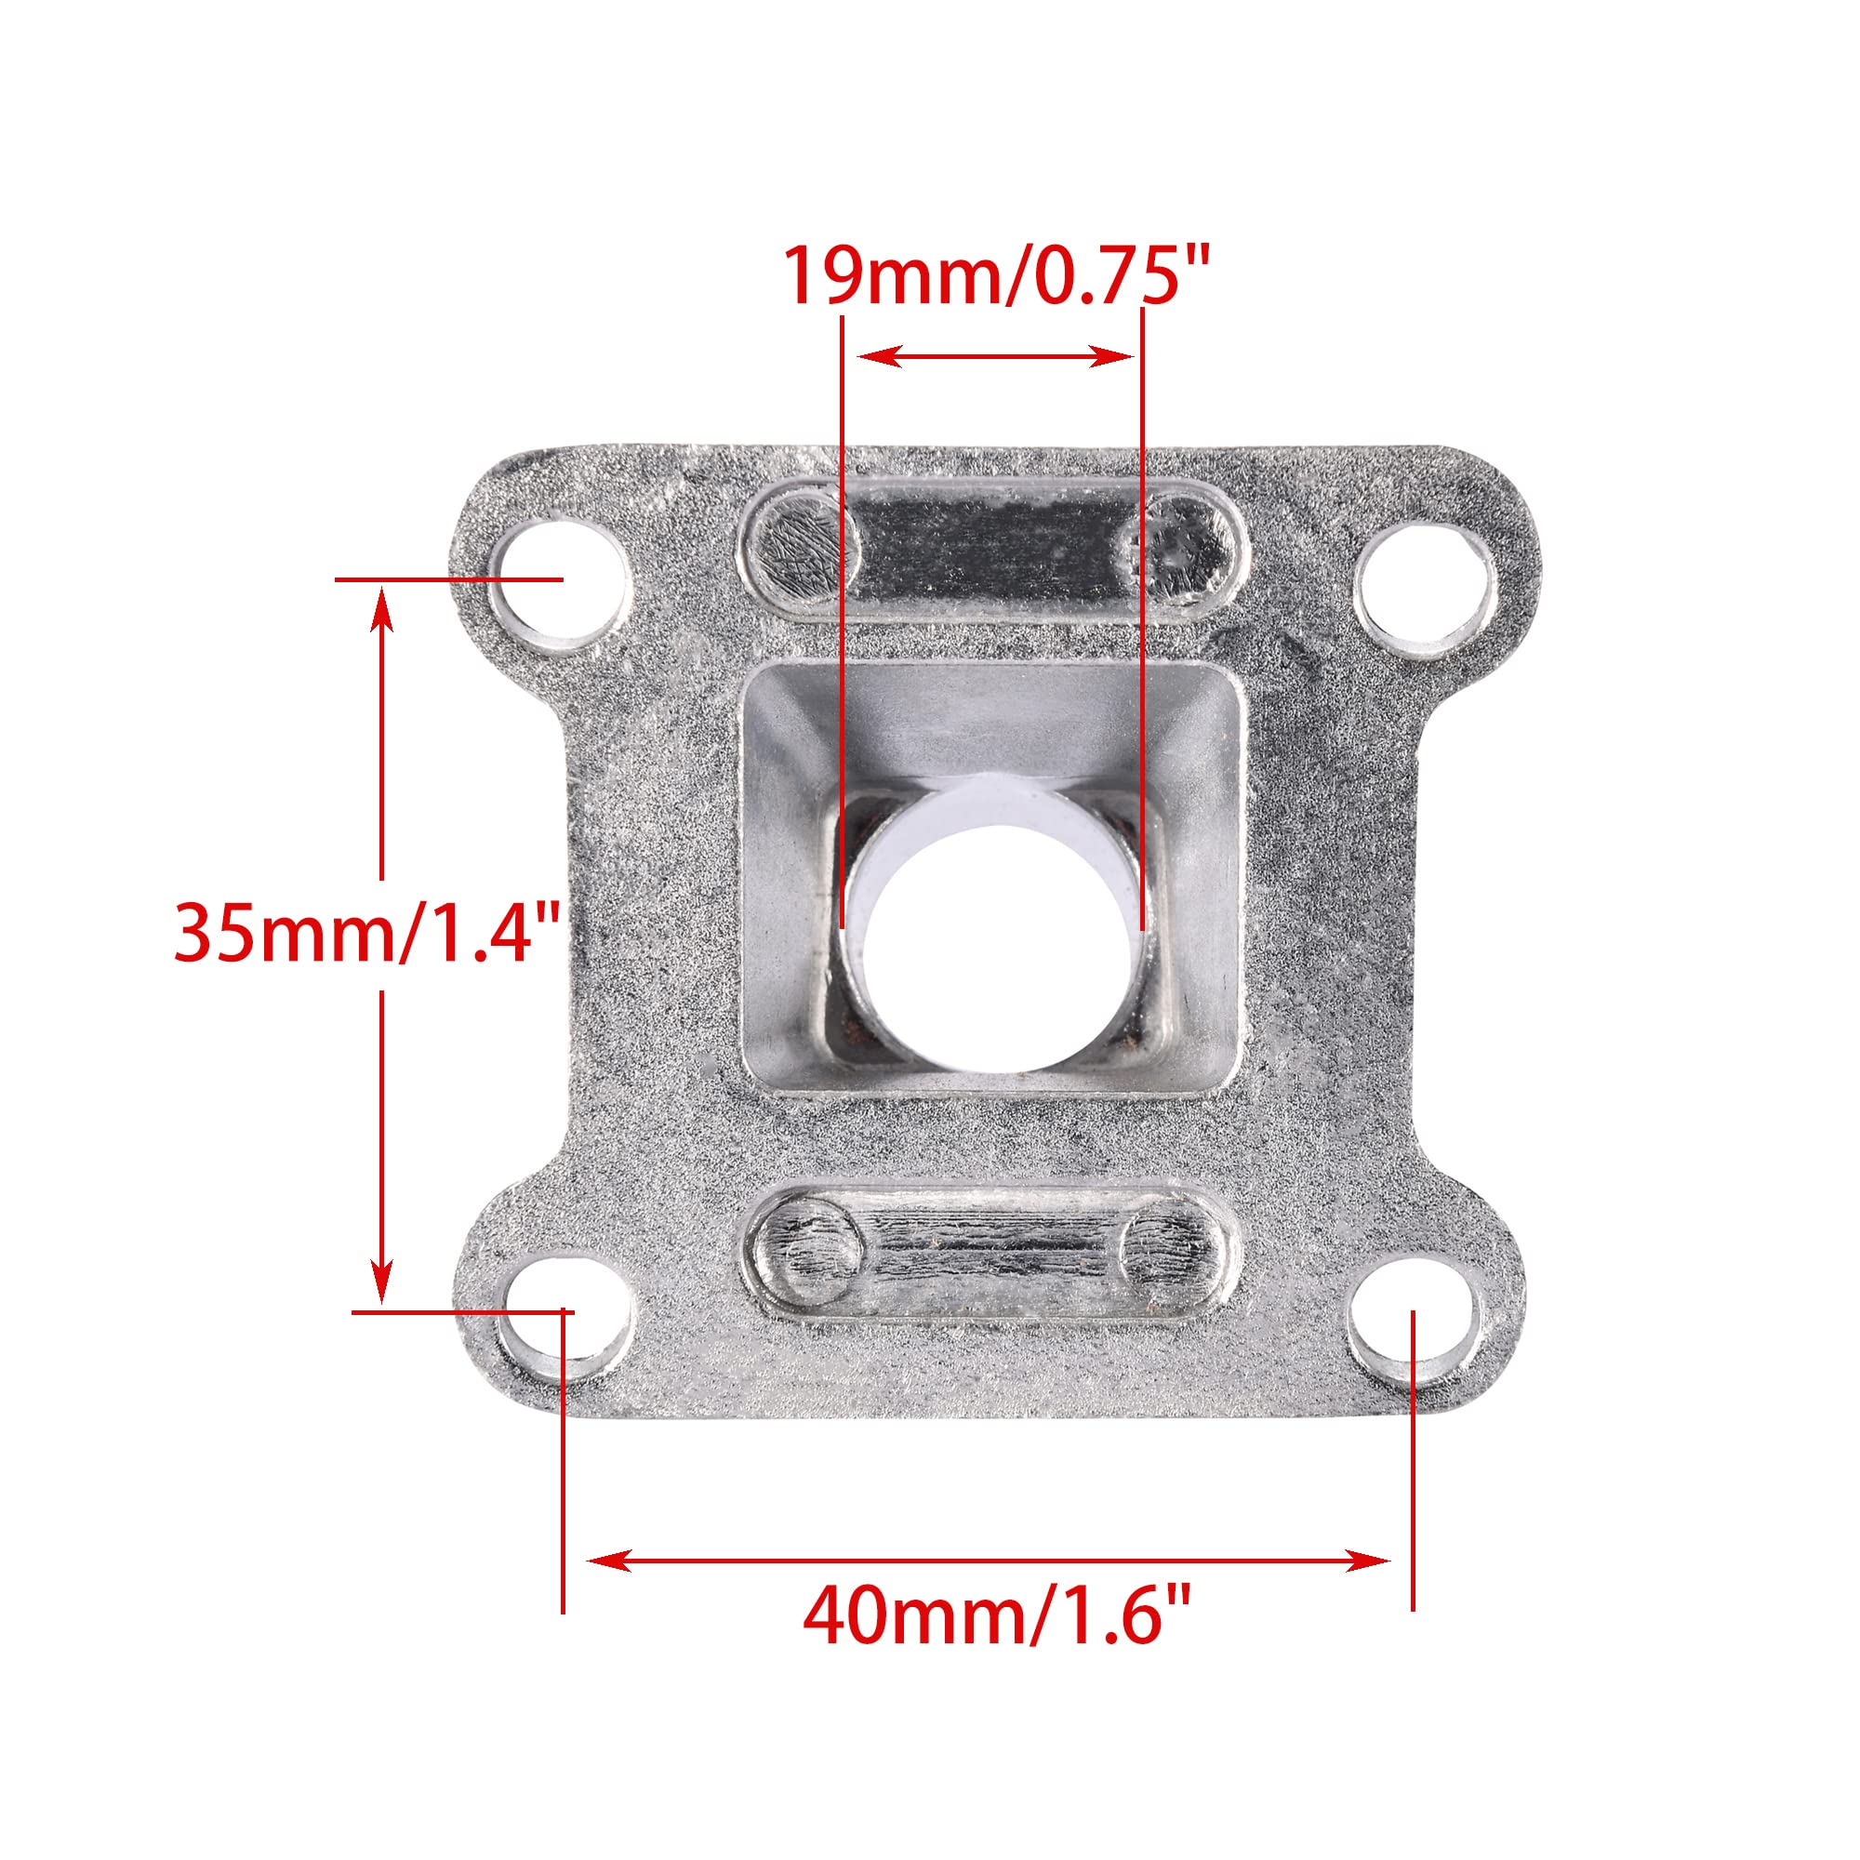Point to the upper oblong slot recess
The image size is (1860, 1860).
click(x=993, y=550)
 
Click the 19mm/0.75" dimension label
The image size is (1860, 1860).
click(x=994, y=276)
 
